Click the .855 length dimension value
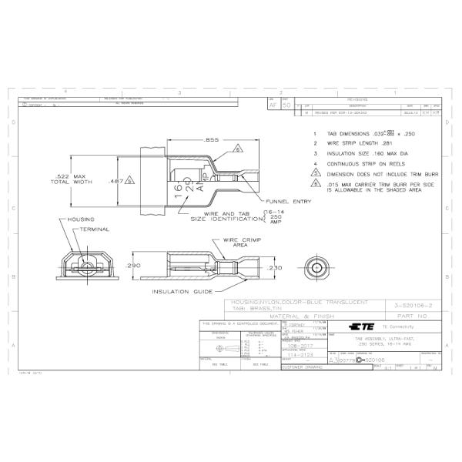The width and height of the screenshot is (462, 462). coord(210,140)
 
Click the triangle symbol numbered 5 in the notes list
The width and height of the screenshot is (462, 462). coord(314,174)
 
